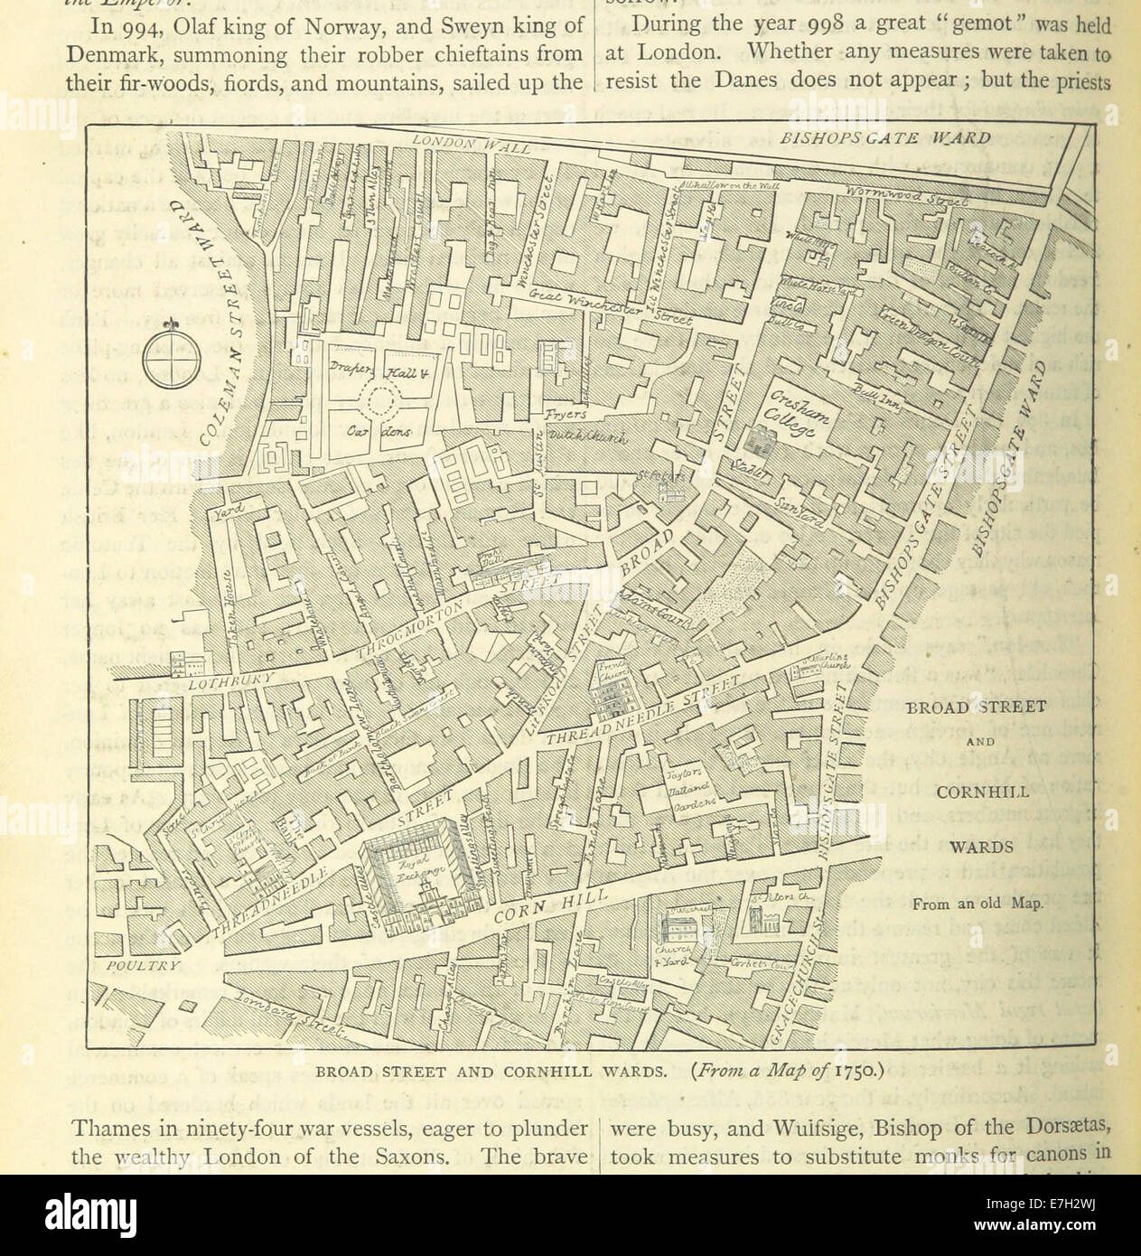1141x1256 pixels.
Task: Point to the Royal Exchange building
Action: pyautogui.click(x=423, y=874)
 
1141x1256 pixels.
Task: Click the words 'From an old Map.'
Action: pyautogui.click(x=977, y=903)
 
